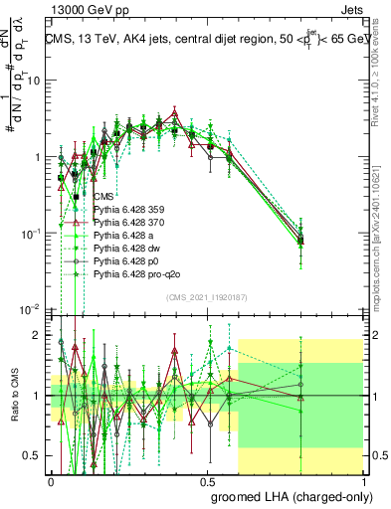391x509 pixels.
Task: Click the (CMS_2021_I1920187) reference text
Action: [207, 296]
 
